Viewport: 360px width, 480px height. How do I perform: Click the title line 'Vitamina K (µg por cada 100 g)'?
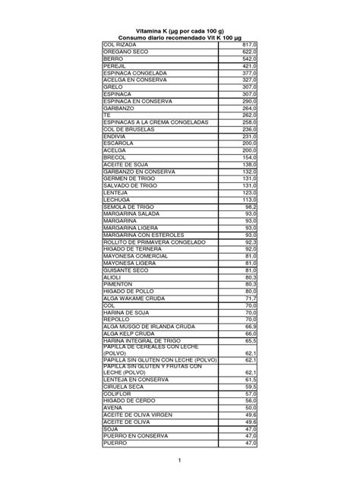[x=180, y=31]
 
